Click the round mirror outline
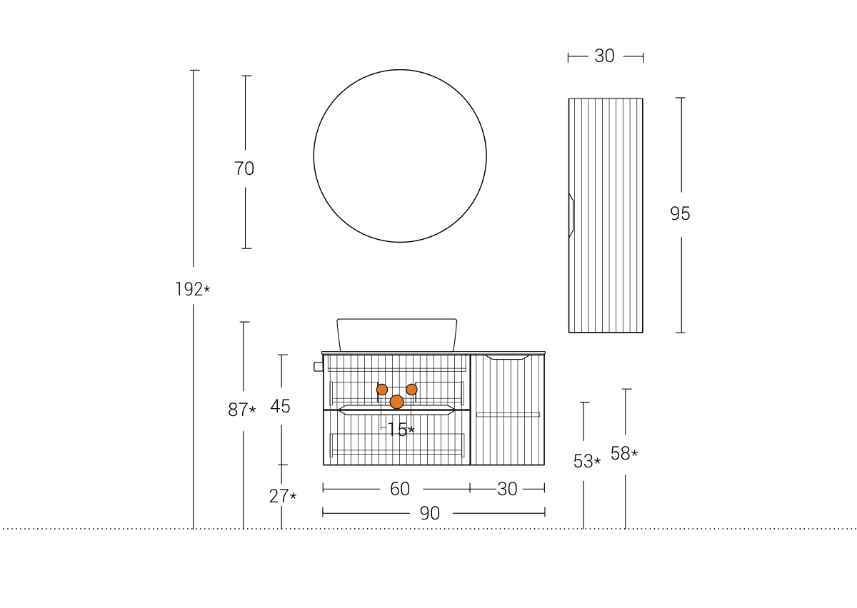(314, 156)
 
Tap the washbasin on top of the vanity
(397, 335)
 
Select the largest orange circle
(397, 402)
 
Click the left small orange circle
(382, 390)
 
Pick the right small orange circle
(411, 390)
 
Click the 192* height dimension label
(192, 289)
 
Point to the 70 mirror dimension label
(244, 168)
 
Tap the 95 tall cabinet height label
(680, 213)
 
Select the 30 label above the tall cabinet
(604, 56)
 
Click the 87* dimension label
(242, 410)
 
